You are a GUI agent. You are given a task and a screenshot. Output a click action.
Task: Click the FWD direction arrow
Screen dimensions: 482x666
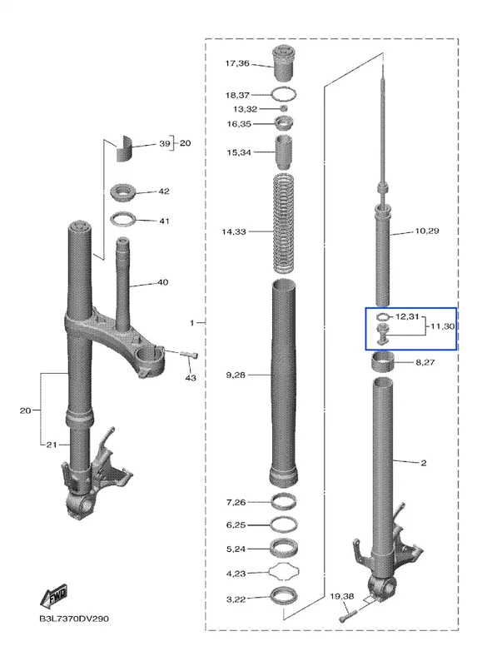click(54, 595)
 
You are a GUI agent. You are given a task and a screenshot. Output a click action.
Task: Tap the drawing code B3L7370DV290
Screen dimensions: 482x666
click(74, 619)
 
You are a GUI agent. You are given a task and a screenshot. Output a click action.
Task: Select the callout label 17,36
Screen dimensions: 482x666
click(237, 63)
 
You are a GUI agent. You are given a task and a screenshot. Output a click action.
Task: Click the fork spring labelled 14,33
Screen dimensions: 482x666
click(284, 223)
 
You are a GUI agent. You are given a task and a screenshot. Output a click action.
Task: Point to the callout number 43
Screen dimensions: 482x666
click(191, 378)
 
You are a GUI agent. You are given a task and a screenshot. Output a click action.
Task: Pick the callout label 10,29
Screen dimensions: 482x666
click(427, 231)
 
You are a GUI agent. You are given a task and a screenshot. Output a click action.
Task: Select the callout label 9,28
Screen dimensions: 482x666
click(236, 375)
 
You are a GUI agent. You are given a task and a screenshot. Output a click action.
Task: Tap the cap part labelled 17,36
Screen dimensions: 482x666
click(284, 63)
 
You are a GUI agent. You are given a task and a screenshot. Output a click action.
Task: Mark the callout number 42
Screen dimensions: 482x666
click(164, 191)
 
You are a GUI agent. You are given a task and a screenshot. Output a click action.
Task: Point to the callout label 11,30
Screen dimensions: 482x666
click(443, 326)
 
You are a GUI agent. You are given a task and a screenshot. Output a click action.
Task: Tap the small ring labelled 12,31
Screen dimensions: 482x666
click(383, 316)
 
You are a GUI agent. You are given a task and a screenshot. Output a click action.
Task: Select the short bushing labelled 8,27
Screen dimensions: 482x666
click(382, 361)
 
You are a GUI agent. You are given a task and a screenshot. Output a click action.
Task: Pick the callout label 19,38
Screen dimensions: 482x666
click(342, 596)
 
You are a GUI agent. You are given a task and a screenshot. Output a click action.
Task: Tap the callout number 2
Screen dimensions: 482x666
click(424, 463)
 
